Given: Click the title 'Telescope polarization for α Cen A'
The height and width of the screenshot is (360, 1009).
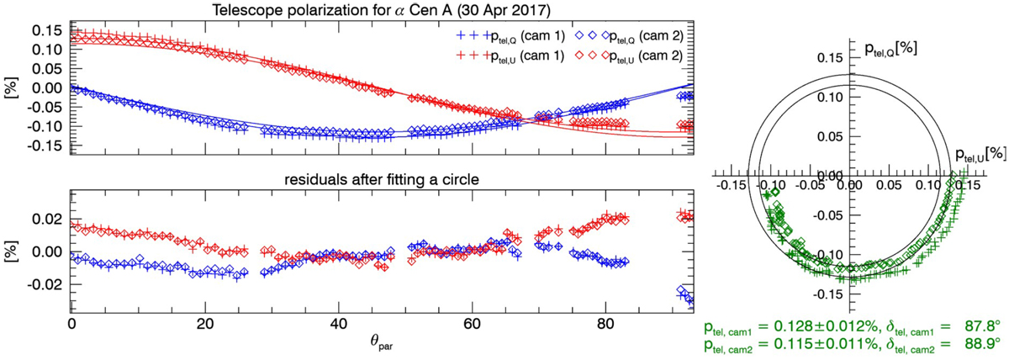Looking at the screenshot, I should [x=380, y=10].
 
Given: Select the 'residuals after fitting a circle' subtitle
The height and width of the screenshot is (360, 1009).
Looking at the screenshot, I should [x=381, y=177].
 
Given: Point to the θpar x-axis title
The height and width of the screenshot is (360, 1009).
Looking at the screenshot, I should [x=380, y=342].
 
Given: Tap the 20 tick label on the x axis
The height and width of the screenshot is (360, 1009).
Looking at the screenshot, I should [x=205, y=323].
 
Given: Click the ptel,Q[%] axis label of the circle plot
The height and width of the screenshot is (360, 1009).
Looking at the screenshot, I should [x=890, y=49].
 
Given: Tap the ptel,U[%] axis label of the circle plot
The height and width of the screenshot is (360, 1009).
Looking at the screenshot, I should [x=980, y=155].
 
